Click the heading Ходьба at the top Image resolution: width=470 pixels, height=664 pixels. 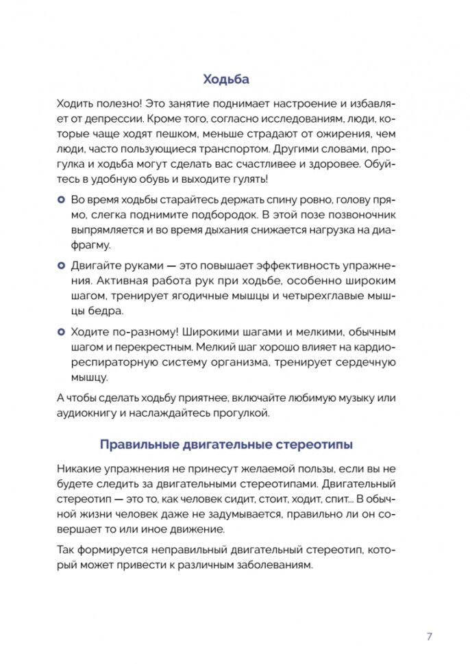click(226, 79)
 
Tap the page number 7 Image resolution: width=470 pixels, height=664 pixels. click(429, 636)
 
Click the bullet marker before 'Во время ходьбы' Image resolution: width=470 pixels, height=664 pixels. click(60, 199)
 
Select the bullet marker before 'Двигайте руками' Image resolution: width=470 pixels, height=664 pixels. click(60, 264)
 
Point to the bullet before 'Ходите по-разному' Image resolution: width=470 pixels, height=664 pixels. click(60, 331)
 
